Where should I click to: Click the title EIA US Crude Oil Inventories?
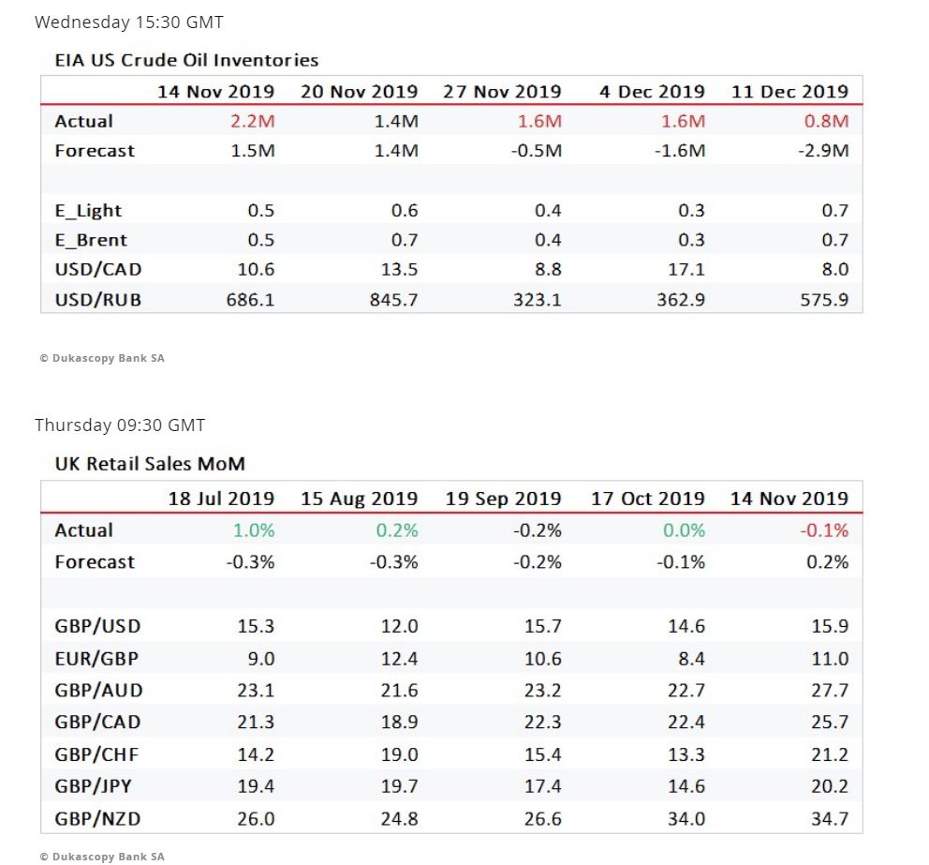[186, 60]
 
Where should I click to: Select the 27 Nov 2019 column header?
[502, 92]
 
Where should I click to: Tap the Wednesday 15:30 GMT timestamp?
[129, 22]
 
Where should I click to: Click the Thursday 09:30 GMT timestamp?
[120, 425]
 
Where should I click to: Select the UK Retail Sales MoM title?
[150, 464]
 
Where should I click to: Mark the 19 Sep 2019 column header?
[503, 499]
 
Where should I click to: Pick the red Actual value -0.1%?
[824, 530]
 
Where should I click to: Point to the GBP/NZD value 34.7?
[830, 818]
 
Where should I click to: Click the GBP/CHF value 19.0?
[400, 754]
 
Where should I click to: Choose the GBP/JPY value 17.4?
[543, 786]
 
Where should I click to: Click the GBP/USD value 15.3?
[256, 627]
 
